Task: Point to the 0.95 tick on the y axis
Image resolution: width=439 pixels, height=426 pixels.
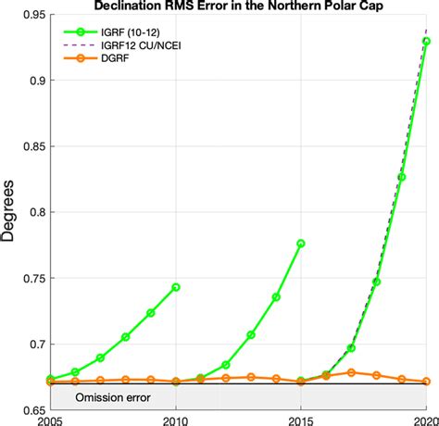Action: click(x=26, y=16)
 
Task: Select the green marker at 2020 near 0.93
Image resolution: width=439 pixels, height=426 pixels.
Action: click(x=426, y=42)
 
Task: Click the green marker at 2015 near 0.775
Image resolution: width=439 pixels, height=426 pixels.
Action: click(x=301, y=244)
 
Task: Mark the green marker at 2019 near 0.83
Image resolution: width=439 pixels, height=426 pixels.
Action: click(x=401, y=176)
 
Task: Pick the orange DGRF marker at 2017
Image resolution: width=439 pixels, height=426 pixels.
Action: click(x=351, y=372)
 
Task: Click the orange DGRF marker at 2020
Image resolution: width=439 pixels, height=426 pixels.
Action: click(x=426, y=382)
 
